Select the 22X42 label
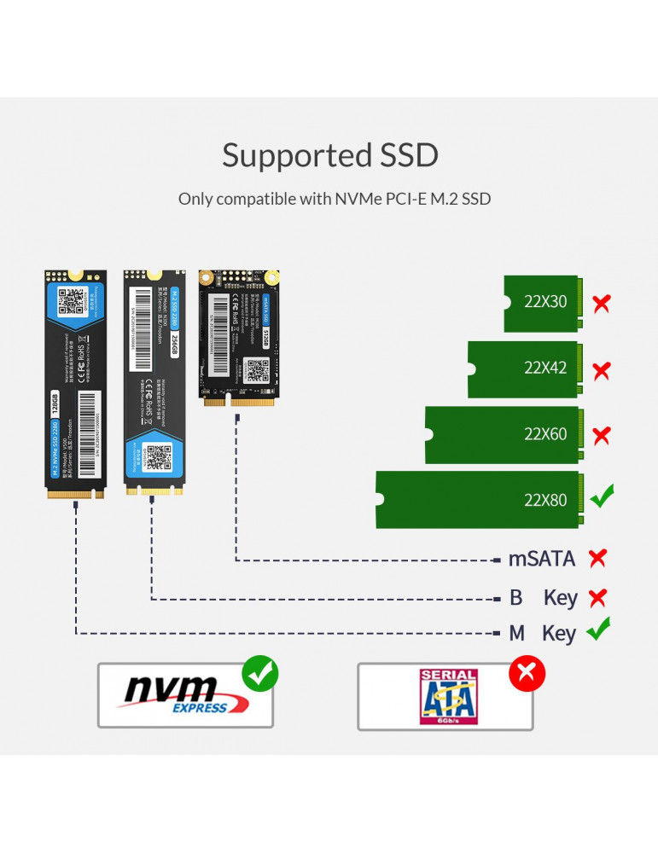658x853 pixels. (545, 368)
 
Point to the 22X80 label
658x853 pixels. (545, 500)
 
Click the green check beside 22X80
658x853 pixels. (603, 496)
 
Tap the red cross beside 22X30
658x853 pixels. (602, 303)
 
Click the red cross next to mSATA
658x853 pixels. (597, 559)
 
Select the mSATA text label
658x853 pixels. (542, 560)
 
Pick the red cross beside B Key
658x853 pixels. (597, 597)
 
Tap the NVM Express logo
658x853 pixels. (186, 694)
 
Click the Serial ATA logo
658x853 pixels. (448, 697)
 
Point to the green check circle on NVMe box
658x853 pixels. (260, 674)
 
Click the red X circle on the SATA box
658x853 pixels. (527, 675)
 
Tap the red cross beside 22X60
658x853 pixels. (602, 435)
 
